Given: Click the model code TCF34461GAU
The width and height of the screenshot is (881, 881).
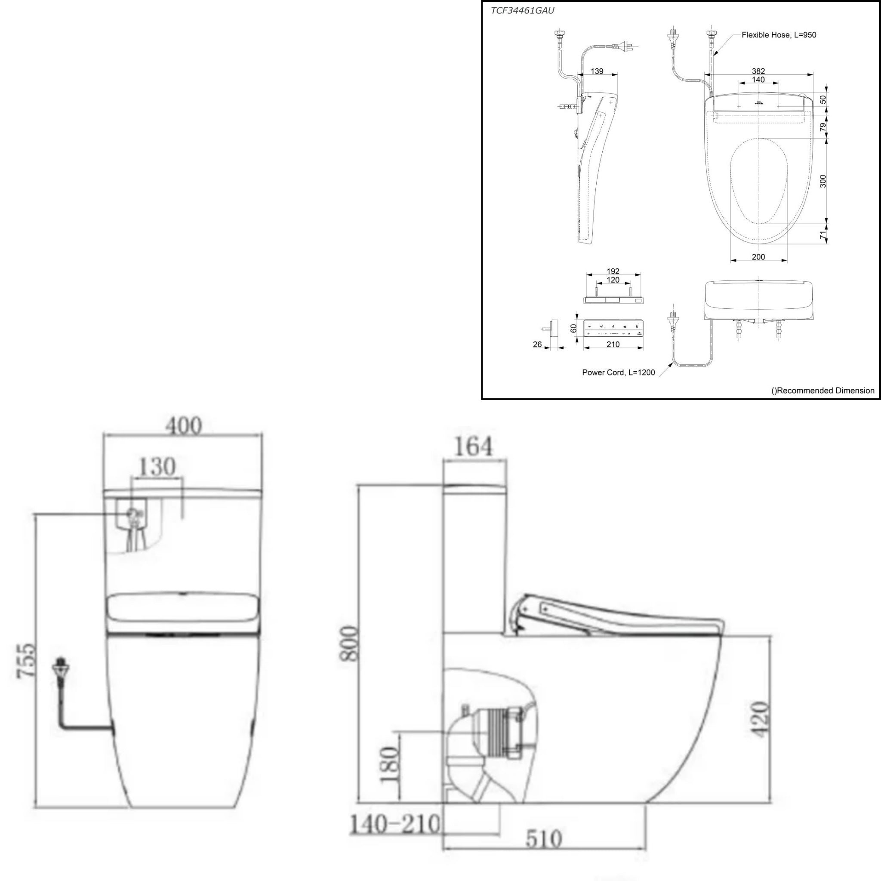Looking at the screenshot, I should [x=522, y=10].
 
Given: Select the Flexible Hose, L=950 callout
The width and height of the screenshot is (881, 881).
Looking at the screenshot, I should [x=779, y=35].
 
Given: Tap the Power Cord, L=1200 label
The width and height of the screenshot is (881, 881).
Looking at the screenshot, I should [x=618, y=373].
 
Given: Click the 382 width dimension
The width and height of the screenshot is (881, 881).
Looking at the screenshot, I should [x=758, y=71].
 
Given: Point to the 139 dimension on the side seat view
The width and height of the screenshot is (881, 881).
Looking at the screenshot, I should [x=597, y=71].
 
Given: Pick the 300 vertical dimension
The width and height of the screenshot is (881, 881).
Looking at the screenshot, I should [x=823, y=181].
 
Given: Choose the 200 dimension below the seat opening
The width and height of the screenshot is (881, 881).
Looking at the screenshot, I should [x=758, y=257].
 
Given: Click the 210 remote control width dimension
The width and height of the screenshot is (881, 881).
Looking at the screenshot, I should [x=613, y=344].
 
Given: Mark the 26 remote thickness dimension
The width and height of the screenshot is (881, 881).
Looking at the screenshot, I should [x=537, y=344].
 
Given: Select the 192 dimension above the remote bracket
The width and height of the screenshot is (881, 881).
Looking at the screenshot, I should [x=613, y=271].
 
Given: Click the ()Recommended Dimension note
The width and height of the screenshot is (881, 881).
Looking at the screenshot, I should [x=822, y=391].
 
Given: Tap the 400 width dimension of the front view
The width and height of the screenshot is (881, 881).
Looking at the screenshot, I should [x=183, y=426].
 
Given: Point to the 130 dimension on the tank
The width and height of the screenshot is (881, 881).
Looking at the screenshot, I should [x=157, y=466].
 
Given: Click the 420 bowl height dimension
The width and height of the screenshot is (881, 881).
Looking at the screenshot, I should [x=759, y=725].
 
